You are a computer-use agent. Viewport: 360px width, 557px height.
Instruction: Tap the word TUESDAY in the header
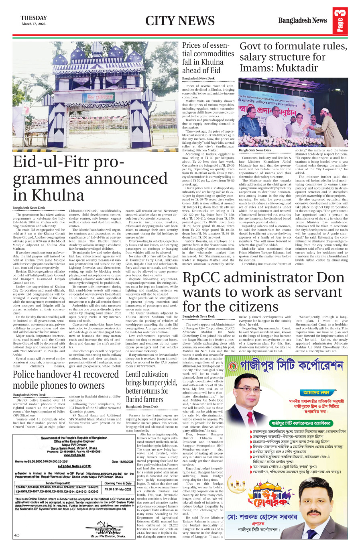tap(34, 18)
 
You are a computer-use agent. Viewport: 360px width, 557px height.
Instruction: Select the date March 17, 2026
tap(34, 24)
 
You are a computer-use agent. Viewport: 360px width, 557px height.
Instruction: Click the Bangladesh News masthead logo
tap(303, 20)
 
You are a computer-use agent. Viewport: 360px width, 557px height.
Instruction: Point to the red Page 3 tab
tap(340, 21)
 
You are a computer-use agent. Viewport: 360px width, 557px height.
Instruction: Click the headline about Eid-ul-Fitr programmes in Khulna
tap(90, 178)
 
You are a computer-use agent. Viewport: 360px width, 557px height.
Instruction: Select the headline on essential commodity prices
tap(208, 58)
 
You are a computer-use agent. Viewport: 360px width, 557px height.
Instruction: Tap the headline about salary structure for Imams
tap(293, 57)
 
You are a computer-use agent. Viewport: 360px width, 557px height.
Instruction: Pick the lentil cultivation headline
tap(151, 386)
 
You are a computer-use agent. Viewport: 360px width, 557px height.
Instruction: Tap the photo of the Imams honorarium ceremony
tap(293, 112)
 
